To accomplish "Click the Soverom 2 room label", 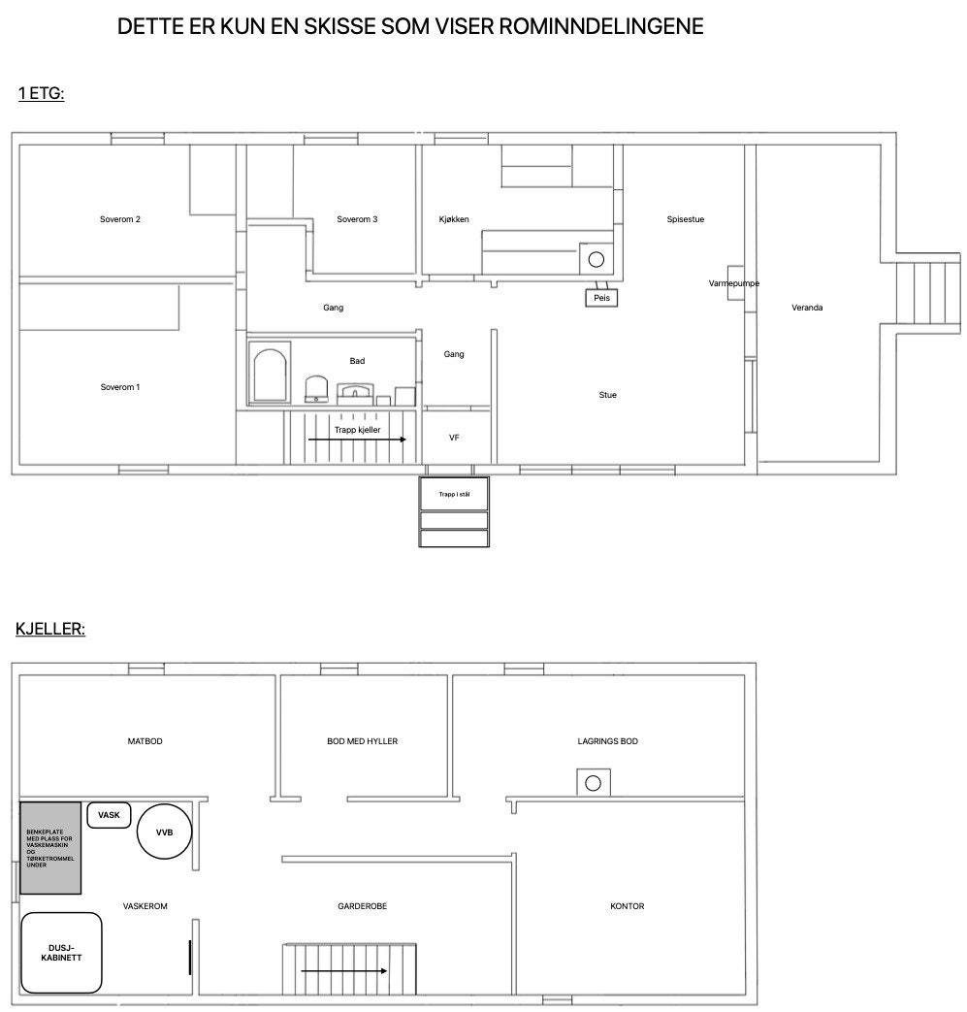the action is pos(120,219).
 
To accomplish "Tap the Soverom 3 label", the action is pos(357,219).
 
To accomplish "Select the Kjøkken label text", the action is pos(454,219).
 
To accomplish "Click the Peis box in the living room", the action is pos(601,298).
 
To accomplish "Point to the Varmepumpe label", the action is pos(734,283).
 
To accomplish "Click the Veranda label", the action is pos(807,308).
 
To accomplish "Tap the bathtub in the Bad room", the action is pos(270,374).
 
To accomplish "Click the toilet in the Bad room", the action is pos(316,389).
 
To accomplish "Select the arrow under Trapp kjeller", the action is pos(357,440).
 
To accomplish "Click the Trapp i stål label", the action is pos(454,495).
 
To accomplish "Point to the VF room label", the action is pos(454,438).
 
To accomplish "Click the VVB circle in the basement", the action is pos(165,832).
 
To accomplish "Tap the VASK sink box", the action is pos(109,815).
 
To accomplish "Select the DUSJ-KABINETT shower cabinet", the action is pos(61,953).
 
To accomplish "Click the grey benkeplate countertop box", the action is pos(50,848).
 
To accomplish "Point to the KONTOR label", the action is pos(627,906).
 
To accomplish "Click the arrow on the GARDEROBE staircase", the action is pos(344,970).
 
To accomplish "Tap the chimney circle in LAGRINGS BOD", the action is pos(593,784).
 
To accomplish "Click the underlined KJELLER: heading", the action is pos(50,629).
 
